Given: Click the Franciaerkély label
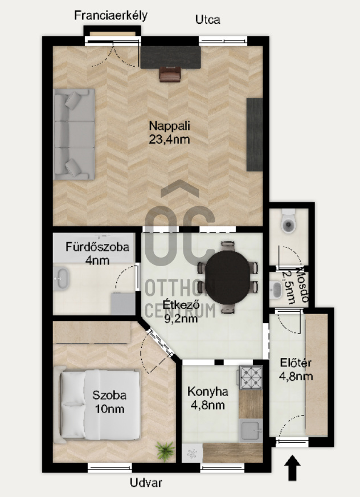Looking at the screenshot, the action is tap(111, 15).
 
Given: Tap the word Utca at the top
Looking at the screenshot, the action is tap(207, 19).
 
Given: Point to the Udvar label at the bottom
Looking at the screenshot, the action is tap(146, 483).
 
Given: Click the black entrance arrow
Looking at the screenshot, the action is tap(292, 468).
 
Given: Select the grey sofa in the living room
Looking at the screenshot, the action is tap(74, 135).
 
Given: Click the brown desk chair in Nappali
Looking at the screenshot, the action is tap(170, 74).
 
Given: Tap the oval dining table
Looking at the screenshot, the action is tap(227, 277).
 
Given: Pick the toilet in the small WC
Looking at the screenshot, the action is tap(288, 221).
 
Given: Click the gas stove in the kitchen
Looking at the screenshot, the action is tap(251, 377).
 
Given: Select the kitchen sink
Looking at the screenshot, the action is tap(251, 430).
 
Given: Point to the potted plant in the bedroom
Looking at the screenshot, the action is tap(165, 451).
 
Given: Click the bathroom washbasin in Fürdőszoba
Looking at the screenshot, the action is tap(60, 279).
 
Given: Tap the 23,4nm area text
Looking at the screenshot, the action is tap(169, 140).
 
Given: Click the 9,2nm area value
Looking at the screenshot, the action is tap(181, 318).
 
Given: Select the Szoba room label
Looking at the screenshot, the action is tap(109, 395).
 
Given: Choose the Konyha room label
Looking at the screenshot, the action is tap(207, 392).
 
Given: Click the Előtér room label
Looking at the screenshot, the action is tap(296, 362).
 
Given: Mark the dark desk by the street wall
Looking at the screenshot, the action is tap(171, 58).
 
